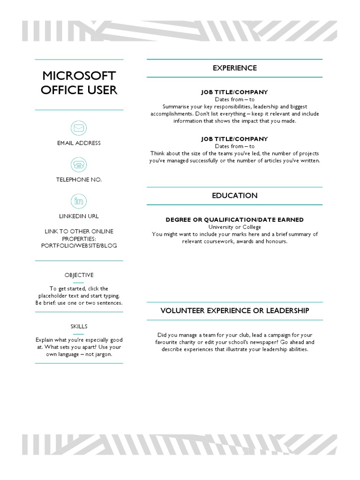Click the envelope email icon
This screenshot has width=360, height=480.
click(79, 128)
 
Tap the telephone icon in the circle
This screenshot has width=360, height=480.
click(79, 165)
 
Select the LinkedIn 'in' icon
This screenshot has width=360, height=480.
click(79, 201)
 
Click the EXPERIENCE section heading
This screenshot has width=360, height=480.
click(234, 68)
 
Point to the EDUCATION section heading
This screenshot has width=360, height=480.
click(234, 195)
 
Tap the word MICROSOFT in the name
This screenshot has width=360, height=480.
click(79, 76)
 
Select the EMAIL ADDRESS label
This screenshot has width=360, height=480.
click(79, 143)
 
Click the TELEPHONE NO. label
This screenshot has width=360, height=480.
click(79, 180)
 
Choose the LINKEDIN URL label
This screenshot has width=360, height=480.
click(79, 216)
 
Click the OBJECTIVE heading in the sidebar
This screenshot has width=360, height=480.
click(79, 275)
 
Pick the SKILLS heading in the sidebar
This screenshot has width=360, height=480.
click(79, 326)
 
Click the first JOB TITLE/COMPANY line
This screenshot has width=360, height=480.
click(234, 92)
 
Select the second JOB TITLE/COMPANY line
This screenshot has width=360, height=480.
click(234, 139)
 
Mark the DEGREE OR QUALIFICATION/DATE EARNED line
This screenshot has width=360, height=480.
click(234, 219)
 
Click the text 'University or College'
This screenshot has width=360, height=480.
click(234, 227)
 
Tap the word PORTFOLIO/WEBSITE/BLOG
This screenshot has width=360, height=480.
click(79, 246)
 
